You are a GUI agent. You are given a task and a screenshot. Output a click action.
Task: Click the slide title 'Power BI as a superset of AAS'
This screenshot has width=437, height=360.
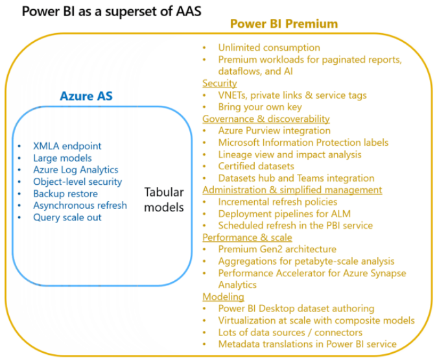112,12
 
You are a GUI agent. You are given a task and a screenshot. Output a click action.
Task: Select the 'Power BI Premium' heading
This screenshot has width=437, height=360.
284,24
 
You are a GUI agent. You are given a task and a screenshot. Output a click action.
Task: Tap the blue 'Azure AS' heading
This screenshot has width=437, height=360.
86,96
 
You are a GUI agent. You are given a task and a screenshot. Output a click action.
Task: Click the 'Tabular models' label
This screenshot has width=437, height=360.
164,200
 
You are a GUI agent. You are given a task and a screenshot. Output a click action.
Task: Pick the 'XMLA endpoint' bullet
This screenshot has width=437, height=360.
67,146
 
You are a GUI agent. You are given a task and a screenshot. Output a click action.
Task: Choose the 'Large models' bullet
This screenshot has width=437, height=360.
62,158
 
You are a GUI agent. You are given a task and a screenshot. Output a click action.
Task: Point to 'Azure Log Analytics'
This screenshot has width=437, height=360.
76,170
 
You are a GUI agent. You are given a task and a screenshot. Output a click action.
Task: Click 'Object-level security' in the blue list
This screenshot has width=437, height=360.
77,182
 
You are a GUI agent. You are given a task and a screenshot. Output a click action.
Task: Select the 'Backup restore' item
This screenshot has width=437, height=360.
65,194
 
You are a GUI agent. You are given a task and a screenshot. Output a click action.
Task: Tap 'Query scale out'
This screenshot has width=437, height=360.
67,217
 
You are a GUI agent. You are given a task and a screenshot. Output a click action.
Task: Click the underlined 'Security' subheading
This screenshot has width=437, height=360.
220,84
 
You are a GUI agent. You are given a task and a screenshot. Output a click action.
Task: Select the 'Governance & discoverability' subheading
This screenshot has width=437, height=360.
266,119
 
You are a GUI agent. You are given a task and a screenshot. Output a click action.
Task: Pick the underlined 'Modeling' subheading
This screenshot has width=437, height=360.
223,296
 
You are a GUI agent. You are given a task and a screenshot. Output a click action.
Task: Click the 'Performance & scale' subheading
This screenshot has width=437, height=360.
247,237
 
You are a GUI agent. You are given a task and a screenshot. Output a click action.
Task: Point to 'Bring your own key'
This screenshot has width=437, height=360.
260,107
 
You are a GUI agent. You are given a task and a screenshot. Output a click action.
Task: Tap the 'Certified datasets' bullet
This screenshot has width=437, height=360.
256,166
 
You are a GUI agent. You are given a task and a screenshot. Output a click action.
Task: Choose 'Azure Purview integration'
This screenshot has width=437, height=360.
274,131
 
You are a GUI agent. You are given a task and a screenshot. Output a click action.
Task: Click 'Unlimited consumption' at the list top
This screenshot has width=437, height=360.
269,48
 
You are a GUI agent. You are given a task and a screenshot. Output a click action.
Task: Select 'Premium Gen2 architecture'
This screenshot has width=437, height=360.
278,249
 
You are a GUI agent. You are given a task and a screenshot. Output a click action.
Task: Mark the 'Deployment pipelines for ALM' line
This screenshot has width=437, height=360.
285,214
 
